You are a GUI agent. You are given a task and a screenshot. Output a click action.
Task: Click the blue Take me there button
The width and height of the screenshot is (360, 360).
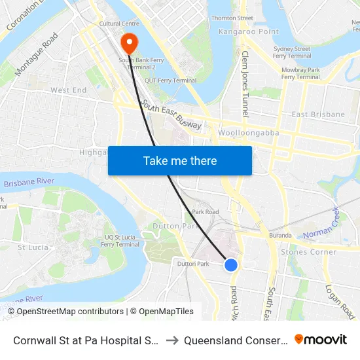coord(180,160)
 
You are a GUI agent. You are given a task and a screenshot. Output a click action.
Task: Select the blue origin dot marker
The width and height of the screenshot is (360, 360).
coord(231,264)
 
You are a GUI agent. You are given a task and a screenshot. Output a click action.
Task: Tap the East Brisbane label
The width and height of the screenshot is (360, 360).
coord(318,115)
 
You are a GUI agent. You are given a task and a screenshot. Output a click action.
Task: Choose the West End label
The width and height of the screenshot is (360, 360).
coord(69,90)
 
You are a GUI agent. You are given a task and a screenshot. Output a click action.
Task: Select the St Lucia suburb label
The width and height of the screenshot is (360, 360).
coord(31,247)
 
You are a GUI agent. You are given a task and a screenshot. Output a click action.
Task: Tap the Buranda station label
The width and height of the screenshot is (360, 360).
coord(280,234)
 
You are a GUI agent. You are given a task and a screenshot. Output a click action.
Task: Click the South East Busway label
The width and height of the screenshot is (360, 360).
coord(171,116)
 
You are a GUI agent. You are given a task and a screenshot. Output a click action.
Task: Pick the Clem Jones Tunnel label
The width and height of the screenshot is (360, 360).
coord(245,84)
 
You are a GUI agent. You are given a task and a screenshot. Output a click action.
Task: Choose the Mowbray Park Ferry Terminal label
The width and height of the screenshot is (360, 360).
coord(300,73)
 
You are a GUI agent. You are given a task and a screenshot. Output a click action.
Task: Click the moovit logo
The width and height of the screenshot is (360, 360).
coord(321,340)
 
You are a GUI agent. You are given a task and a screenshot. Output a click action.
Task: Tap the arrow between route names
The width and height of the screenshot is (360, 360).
coord(173,340)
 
